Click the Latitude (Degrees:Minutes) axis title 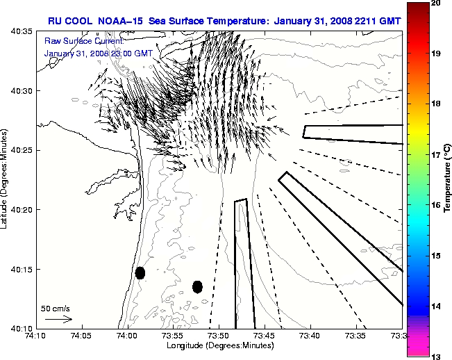tap(6, 179)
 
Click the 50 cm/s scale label tap(56, 308)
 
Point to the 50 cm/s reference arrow tap(58, 319)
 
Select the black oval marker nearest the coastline tap(140, 272)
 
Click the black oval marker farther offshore tap(197, 286)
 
